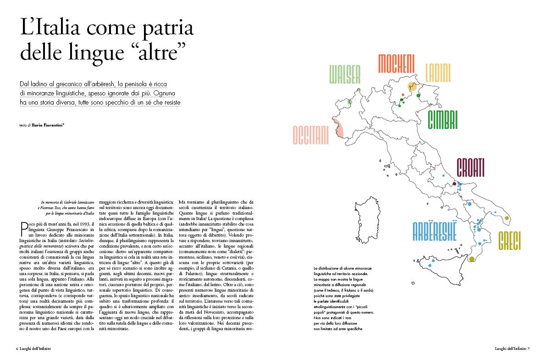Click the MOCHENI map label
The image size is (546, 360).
(x=396, y=64)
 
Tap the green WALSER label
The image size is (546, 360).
(x=345, y=74)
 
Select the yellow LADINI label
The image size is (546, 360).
(x=438, y=72)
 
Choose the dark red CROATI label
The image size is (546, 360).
(x=470, y=168)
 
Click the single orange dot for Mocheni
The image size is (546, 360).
(x=403, y=94)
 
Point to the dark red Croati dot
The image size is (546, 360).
(x=454, y=184)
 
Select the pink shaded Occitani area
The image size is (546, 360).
(x=338, y=129)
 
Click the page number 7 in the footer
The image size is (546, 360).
(x=528, y=348)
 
